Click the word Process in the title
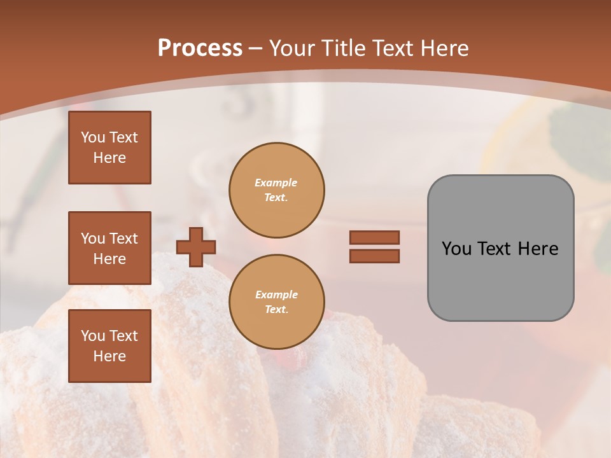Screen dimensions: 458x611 point(200,48)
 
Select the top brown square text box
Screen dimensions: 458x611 point(109,148)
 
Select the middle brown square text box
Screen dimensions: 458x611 point(109,248)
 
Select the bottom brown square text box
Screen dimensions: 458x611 point(109,346)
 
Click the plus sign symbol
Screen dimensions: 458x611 point(196,247)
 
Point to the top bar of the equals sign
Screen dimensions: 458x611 point(374,237)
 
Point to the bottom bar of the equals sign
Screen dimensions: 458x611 point(374,256)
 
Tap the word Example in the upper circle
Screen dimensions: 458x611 point(276,183)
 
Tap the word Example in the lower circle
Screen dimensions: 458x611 point(276,295)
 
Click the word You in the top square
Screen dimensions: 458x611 point(93,137)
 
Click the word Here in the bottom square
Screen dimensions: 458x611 point(109,356)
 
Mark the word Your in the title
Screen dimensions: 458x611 point(290,48)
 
